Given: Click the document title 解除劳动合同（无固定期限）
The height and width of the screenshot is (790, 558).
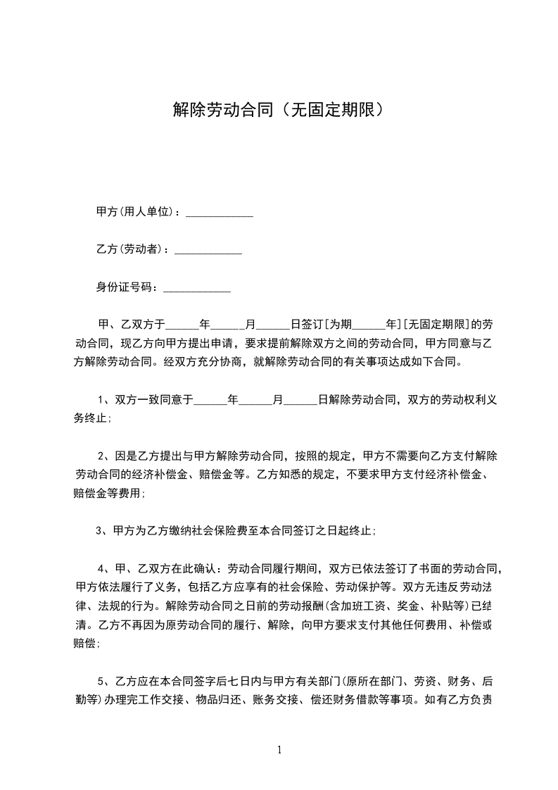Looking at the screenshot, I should point(279,109).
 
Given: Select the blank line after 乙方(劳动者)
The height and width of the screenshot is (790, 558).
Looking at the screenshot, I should point(208,251).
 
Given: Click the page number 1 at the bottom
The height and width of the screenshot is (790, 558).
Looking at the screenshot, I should point(279,750).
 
